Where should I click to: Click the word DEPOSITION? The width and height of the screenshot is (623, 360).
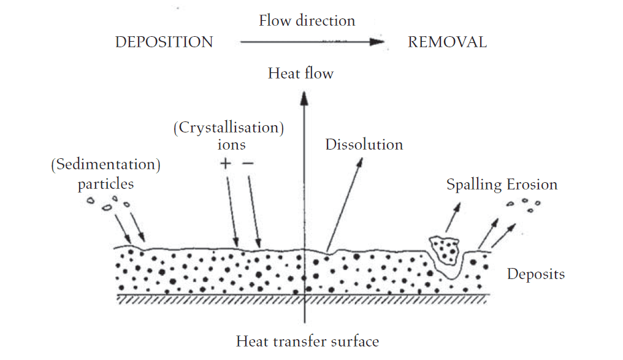click(x=164, y=42)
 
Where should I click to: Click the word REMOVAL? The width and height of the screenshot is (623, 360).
click(x=447, y=42)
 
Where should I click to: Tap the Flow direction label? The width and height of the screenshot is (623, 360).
click(x=307, y=20)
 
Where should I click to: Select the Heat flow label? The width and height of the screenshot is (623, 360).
click(x=300, y=74)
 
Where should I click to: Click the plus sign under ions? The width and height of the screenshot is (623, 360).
click(x=226, y=164)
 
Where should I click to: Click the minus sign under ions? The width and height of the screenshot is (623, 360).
click(x=247, y=164)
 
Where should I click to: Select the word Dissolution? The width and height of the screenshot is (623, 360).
click(x=364, y=145)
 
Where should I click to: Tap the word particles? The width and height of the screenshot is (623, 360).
click(x=105, y=184)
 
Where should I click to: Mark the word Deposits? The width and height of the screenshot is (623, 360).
click(x=535, y=274)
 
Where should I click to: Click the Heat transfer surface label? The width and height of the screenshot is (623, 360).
click(x=307, y=342)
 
